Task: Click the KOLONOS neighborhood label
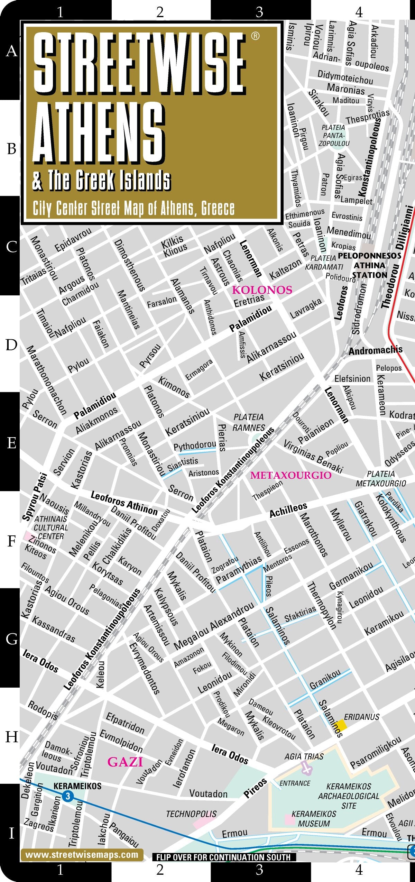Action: click(262, 290)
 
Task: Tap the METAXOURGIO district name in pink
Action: click(291, 475)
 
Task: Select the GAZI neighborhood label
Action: click(125, 762)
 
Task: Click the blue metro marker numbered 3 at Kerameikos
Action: click(67, 796)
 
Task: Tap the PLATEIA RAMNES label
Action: click(249, 422)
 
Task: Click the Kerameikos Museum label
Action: click(314, 818)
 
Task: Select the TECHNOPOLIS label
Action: click(191, 814)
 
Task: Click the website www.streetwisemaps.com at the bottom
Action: click(82, 855)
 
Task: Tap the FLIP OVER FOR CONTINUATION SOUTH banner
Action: click(224, 857)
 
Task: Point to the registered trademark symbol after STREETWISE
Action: click(255, 36)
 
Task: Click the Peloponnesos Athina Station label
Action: click(369, 265)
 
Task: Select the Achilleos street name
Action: click(288, 510)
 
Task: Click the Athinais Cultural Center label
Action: click(50, 527)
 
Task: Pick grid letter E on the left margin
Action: click(11, 442)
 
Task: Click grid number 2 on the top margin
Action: click(160, 12)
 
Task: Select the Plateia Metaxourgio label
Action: click(381, 478)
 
